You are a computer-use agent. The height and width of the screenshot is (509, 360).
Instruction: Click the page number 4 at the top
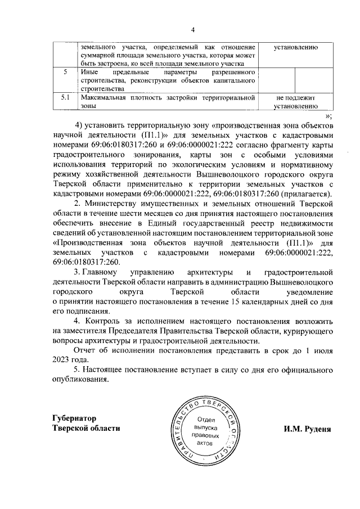[x=192, y=30]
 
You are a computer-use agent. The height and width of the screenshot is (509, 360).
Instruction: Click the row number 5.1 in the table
[x=65, y=98]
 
